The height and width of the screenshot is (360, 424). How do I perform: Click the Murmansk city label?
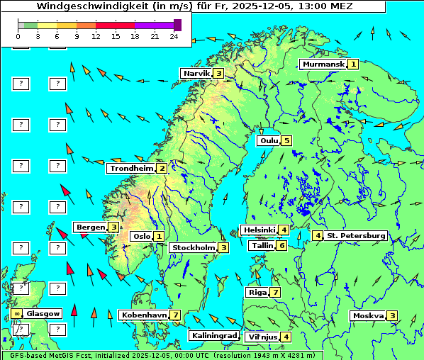point(323,64)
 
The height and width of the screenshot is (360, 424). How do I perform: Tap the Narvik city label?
point(196,73)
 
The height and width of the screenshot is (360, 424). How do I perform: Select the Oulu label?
point(269,140)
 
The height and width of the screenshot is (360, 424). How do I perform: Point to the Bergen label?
point(90,227)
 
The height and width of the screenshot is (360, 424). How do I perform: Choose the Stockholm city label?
point(193,247)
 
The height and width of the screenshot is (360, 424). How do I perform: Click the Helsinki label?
point(259,230)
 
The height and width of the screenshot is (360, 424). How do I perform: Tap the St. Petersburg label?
point(356,235)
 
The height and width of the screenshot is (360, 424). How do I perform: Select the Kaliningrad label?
point(214,335)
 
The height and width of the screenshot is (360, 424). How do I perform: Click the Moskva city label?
point(368,315)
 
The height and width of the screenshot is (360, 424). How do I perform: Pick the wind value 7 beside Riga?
point(274,292)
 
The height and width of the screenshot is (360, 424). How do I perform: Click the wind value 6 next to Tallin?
point(281,245)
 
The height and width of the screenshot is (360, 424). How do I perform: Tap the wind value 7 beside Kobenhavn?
point(175,315)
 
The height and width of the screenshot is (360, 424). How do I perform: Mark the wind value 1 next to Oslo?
point(159,236)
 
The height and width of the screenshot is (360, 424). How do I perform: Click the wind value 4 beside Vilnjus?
point(286,337)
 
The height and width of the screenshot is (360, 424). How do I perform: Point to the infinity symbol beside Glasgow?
point(16,313)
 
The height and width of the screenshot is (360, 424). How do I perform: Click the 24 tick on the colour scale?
point(174,35)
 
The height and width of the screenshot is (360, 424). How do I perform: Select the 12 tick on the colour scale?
point(96,35)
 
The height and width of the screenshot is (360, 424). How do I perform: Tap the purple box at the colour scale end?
point(177,25)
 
